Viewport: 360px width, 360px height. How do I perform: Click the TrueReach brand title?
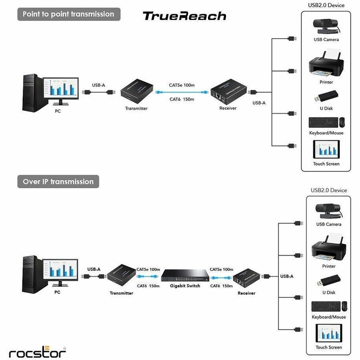(x=184, y=16)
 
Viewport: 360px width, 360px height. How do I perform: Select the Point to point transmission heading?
(x=68, y=14)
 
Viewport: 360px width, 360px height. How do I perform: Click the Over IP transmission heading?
(x=58, y=182)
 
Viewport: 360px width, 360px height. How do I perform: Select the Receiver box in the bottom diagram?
(x=246, y=277)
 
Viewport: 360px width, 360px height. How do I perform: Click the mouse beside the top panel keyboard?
(x=342, y=122)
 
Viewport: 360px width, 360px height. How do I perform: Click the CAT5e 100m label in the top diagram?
(x=182, y=85)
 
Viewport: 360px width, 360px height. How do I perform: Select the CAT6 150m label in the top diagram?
(x=182, y=99)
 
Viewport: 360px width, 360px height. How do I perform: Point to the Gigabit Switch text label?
(x=185, y=286)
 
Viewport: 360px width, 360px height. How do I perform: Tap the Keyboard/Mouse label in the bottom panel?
(x=329, y=317)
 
